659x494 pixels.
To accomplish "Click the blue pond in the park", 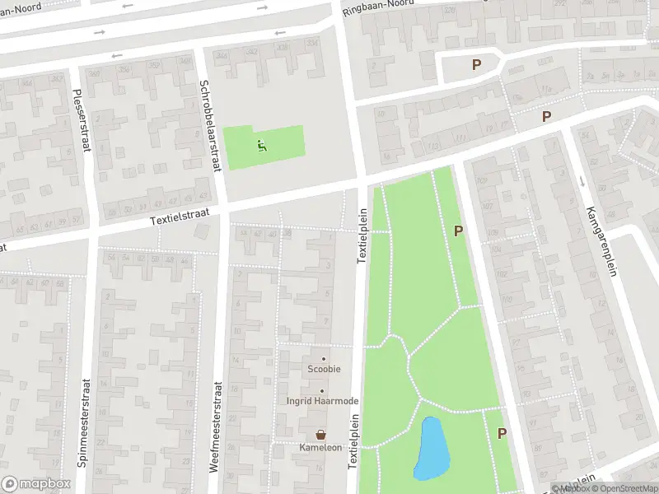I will [432, 450].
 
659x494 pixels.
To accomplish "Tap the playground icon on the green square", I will [263, 147].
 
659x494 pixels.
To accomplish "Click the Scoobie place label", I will [325, 369].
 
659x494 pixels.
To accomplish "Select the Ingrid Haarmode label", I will [322, 401].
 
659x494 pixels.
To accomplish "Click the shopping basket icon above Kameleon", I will [320, 434].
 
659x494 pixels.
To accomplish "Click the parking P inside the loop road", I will [475, 65].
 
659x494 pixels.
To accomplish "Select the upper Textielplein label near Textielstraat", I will [362, 235].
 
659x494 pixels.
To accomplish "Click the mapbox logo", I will [35, 484].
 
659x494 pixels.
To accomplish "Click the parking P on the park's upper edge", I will [459, 232].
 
